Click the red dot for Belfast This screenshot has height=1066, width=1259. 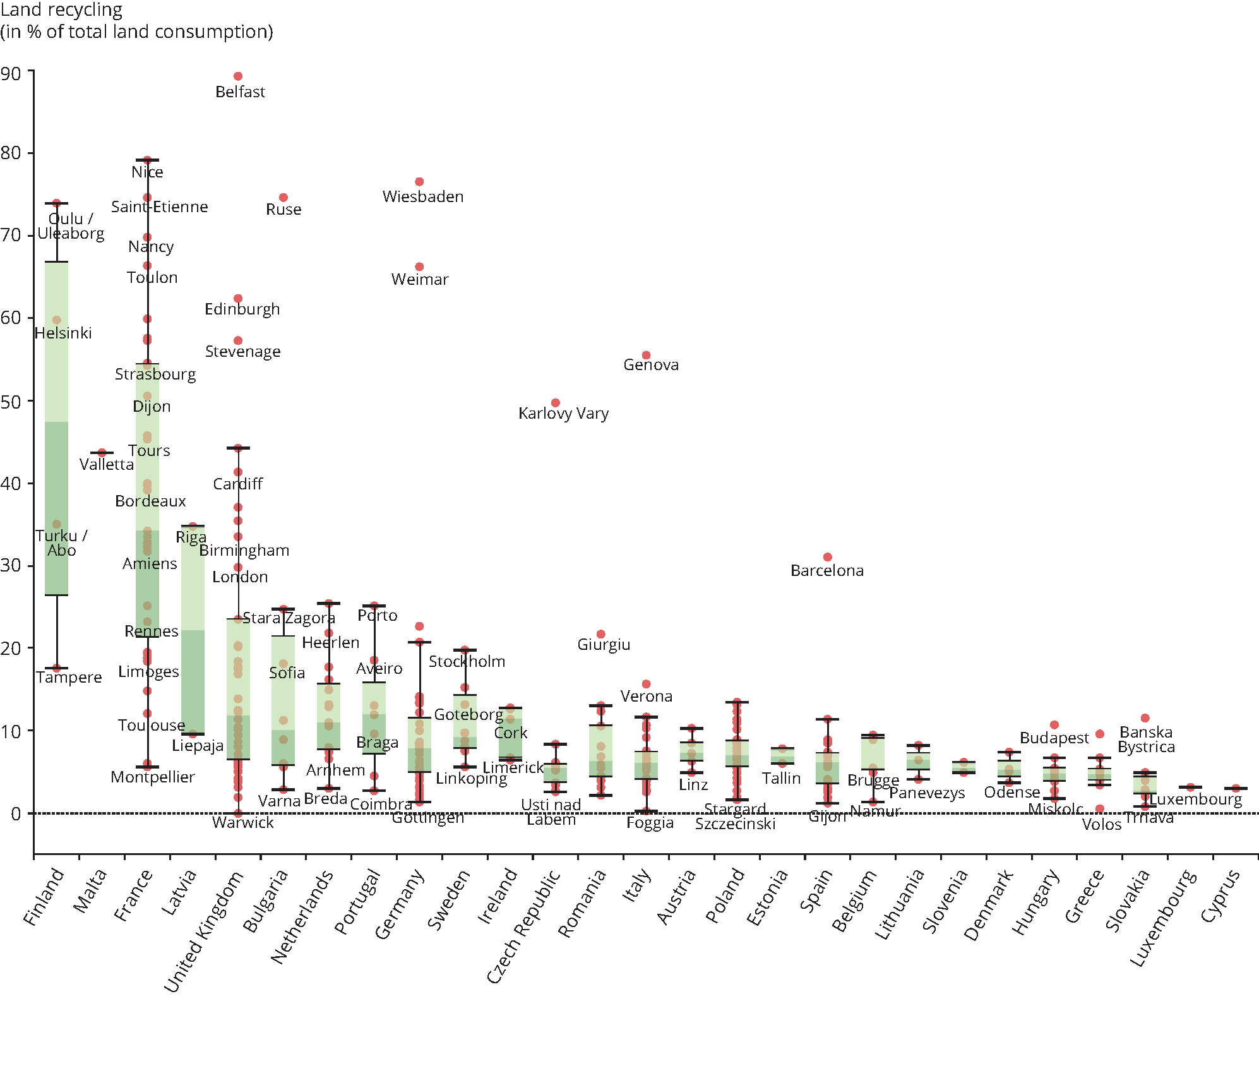(238, 76)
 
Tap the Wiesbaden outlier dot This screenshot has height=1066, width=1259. (419, 182)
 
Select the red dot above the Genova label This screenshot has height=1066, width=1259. (646, 356)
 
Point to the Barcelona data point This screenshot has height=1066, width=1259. (828, 557)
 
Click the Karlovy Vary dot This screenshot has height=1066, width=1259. (556, 403)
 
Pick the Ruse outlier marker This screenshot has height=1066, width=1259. (283, 198)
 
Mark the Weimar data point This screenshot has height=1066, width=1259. (419, 267)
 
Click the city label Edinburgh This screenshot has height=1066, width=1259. (242, 309)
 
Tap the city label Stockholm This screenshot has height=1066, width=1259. (467, 662)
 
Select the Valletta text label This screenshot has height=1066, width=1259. (107, 465)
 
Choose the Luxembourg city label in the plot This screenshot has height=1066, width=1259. (1195, 799)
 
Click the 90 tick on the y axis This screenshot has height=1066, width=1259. (11, 74)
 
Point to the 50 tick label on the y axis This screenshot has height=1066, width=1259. (11, 402)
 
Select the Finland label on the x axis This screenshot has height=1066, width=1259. (44, 896)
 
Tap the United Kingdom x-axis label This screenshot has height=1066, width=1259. (203, 931)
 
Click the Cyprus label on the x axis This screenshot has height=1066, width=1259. (1220, 895)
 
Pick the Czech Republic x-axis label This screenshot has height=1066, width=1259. (523, 926)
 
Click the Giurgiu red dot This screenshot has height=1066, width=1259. (601, 634)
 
